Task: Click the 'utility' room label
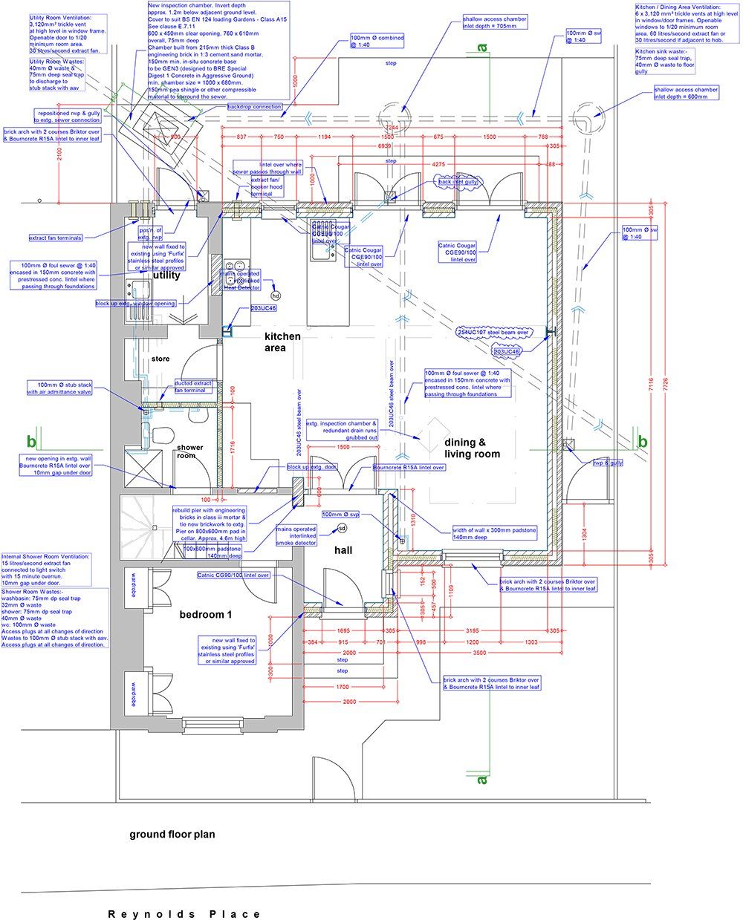pos(166,275)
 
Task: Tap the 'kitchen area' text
pos(283,342)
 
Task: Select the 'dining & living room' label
pos(472,448)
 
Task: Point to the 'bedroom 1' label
pos(206,615)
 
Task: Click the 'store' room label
pos(160,359)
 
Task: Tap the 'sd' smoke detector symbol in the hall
pos(342,529)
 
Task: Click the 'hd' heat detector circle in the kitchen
pos(276,296)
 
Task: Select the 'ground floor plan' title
pos(172,835)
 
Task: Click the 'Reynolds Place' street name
pos(184,914)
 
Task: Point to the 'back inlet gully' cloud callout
pos(456,181)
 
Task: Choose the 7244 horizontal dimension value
pos(392,128)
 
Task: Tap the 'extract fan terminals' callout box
pos(56,238)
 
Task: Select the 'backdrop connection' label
pos(255,107)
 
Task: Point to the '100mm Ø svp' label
pos(340,514)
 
